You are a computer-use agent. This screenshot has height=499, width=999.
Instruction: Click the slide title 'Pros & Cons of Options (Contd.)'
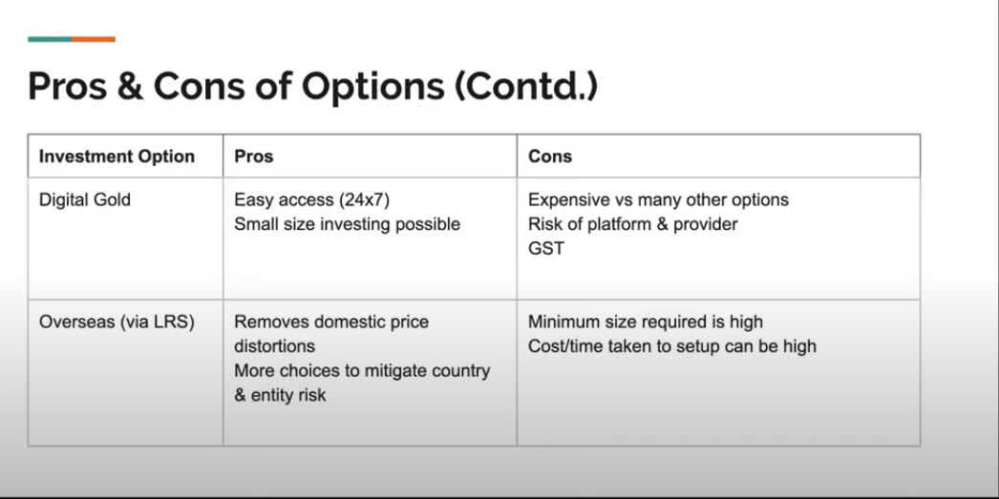[x=312, y=86]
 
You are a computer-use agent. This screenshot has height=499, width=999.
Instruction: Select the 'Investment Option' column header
[x=117, y=156]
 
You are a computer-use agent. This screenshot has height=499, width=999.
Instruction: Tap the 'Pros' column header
[x=253, y=156]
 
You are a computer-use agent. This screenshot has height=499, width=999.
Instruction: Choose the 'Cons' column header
[x=550, y=156]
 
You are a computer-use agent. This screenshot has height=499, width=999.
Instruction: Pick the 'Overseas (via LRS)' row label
[x=117, y=322]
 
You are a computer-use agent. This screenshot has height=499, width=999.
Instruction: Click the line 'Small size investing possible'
[x=347, y=224]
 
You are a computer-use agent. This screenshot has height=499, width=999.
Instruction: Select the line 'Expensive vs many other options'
[x=658, y=200]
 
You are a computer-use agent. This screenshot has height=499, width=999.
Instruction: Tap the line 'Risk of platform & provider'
[x=632, y=224]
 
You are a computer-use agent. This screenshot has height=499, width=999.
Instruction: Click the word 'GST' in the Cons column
[x=546, y=248]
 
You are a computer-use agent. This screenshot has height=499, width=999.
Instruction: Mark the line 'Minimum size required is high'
[x=646, y=322]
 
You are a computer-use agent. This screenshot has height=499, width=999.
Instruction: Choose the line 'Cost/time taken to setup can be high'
[x=671, y=345]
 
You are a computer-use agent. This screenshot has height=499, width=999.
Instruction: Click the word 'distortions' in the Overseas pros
[x=274, y=345]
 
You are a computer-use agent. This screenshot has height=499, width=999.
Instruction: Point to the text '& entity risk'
[x=280, y=394]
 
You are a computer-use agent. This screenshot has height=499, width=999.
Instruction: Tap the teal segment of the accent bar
[x=50, y=39]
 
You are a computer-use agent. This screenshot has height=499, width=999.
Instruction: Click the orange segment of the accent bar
[x=94, y=39]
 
